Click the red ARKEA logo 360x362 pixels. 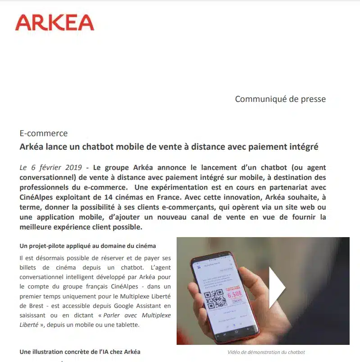click(x=55, y=23)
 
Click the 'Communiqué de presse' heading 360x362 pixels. click(x=280, y=99)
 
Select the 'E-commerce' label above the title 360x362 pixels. click(x=44, y=133)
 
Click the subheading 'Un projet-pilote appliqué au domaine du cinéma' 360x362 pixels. click(x=88, y=246)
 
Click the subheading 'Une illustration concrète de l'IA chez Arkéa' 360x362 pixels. click(x=83, y=351)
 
